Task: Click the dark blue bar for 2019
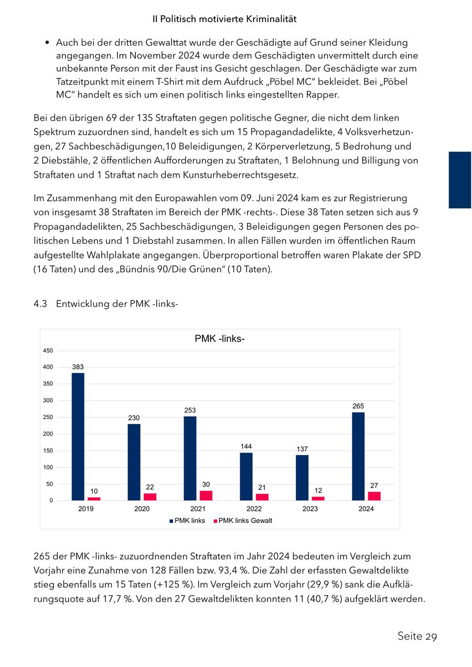pyautogui.click(x=78, y=436)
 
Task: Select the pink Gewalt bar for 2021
pyautogui.click(x=206, y=496)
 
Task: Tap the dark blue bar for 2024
pyautogui.click(x=358, y=456)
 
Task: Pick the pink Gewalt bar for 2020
pyautogui.click(x=150, y=497)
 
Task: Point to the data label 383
pyautogui.click(x=78, y=367)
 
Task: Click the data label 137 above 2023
pyautogui.click(x=302, y=449)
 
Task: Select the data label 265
pyautogui.click(x=358, y=406)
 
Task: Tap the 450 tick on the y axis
pyautogui.click(x=48, y=350)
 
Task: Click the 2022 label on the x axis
pyautogui.click(x=254, y=509)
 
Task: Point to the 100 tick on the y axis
pyautogui.click(x=48, y=467)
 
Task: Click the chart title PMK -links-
pyautogui.click(x=220, y=339)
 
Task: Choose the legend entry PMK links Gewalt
pyautogui.click(x=245, y=521)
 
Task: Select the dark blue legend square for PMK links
pyautogui.click(x=171, y=521)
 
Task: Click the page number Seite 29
pyautogui.click(x=417, y=636)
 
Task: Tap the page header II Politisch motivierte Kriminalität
pyautogui.click(x=224, y=19)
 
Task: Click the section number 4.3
pyautogui.click(x=40, y=304)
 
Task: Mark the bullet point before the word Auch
pyautogui.click(x=48, y=42)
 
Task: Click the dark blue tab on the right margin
pyautogui.click(x=460, y=180)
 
